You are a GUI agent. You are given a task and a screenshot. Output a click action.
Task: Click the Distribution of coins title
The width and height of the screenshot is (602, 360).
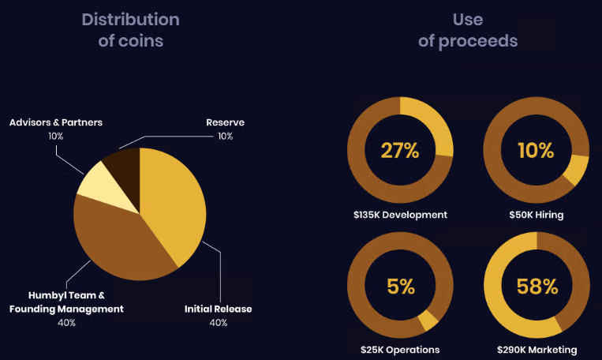pyautogui.click(x=130, y=29)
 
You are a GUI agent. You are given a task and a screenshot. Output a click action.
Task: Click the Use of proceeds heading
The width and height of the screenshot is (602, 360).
pyautogui.click(x=468, y=29)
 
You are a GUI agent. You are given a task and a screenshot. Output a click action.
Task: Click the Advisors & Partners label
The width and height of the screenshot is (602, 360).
pyautogui.click(x=56, y=122)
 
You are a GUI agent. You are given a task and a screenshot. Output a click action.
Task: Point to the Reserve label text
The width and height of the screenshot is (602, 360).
pyautogui.click(x=225, y=122)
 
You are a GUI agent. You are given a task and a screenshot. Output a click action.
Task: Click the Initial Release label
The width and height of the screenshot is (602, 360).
pyautogui.click(x=219, y=309)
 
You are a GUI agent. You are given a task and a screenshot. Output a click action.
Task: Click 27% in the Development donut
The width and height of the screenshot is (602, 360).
pyautogui.click(x=400, y=150)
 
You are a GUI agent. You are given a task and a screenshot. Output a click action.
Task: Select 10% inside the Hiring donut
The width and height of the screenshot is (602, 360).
pyautogui.click(x=536, y=150)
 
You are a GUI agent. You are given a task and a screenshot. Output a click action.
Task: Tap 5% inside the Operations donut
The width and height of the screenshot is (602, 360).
pyautogui.click(x=400, y=286)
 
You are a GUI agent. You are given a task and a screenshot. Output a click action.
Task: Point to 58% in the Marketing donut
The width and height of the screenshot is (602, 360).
pyautogui.click(x=536, y=286)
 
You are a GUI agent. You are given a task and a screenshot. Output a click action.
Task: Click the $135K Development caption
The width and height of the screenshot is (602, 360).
pyautogui.click(x=400, y=214)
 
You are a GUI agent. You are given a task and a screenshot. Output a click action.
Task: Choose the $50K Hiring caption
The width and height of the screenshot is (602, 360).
pyautogui.click(x=536, y=214)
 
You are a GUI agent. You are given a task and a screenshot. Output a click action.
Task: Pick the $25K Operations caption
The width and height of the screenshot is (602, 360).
pyautogui.click(x=400, y=350)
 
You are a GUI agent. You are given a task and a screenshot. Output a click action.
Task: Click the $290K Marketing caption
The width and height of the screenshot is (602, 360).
pyautogui.click(x=537, y=350)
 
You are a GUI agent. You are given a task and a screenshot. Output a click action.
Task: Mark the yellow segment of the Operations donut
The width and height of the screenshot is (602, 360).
pyautogui.click(x=429, y=320)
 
